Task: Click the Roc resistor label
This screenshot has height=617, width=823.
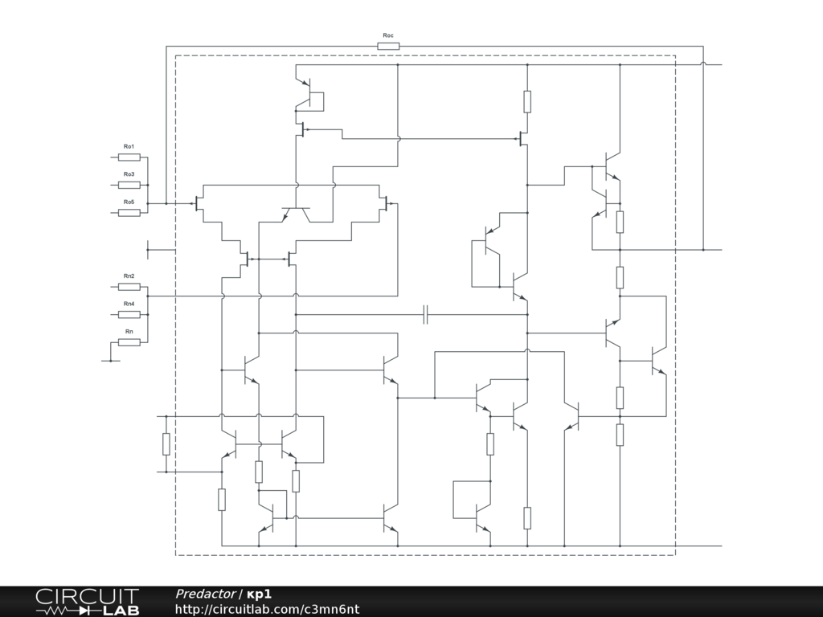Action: tap(388, 35)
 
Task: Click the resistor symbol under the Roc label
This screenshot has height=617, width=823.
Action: tap(388, 47)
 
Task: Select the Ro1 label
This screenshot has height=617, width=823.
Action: tap(129, 146)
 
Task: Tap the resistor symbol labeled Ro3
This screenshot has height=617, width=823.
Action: tap(129, 185)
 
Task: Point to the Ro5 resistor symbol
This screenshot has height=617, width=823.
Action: tap(129, 213)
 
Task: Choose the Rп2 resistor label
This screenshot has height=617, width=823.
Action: tap(129, 276)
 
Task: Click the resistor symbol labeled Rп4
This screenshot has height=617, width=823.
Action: tap(129, 314)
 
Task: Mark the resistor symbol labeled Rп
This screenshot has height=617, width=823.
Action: tap(129, 342)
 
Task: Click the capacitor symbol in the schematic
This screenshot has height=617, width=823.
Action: tap(427, 315)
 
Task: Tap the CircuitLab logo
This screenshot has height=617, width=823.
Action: tap(87, 602)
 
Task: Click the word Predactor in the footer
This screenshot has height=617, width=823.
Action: tap(205, 594)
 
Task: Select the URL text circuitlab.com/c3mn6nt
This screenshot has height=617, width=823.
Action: tap(267, 609)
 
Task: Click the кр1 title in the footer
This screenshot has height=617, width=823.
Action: tap(259, 594)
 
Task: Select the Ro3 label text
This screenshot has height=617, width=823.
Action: tap(129, 174)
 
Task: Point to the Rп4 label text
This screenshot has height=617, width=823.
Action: tap(129, 304)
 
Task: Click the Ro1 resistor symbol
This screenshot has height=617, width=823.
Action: tap(129, 157)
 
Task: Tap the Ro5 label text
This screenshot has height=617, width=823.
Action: tap(129, 202)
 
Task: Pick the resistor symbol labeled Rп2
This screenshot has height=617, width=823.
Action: tap(129, 287)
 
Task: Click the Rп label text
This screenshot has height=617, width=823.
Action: tap(129, 332)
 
